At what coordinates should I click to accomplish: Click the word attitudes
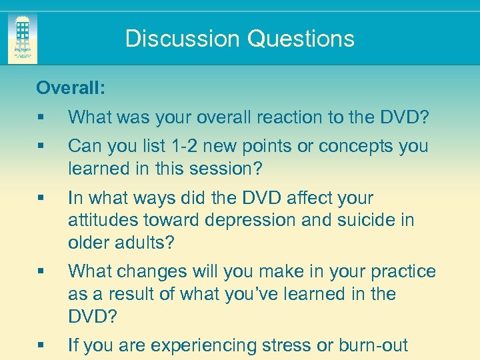pos(101,220)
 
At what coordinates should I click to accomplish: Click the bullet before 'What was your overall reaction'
pos(41,118)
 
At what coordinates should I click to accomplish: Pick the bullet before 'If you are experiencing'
pos(41,346)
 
